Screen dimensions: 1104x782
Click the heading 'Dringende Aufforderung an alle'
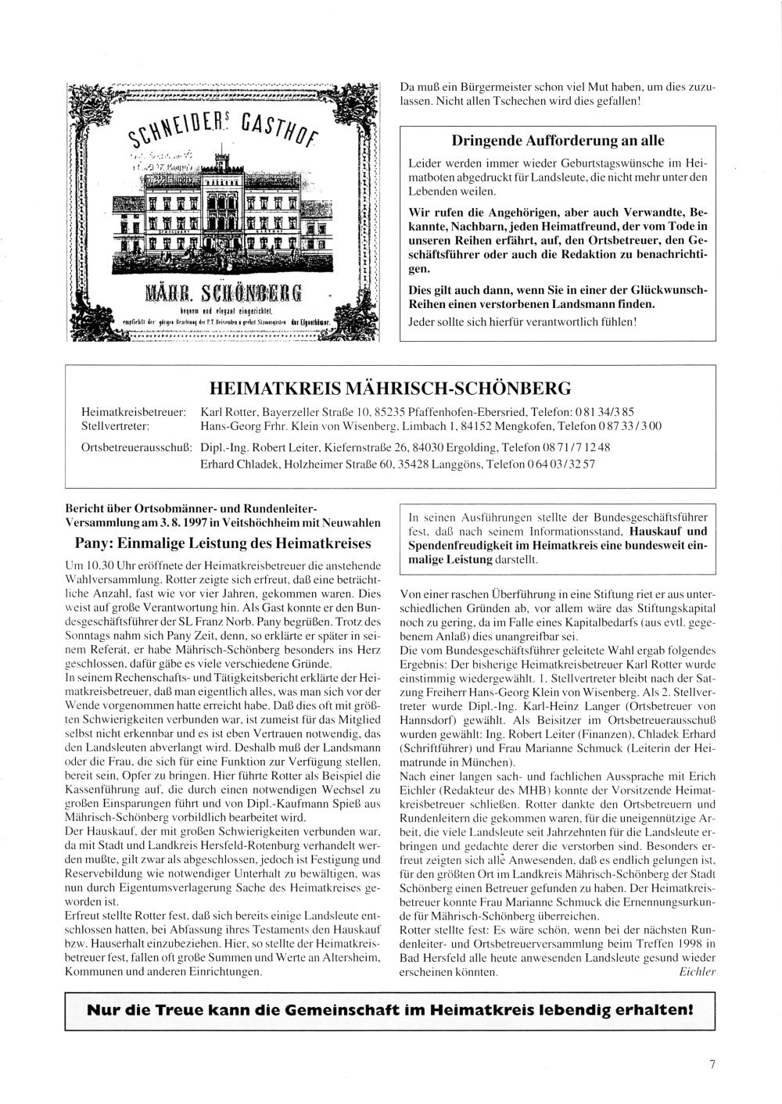[558, 141]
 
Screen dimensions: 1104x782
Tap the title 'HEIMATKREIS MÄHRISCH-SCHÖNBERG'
[390, 388]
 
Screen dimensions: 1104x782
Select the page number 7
[712, 1063]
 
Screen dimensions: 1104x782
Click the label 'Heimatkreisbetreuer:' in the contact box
[133, 410]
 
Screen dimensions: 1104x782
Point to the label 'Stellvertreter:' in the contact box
[116, 425]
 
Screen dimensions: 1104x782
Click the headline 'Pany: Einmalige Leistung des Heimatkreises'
[222, 542]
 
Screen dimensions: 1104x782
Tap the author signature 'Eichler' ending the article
[693, 972]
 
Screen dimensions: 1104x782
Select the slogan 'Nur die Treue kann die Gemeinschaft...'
[390, 1009]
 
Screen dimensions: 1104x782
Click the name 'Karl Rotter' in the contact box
[230, 410]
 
